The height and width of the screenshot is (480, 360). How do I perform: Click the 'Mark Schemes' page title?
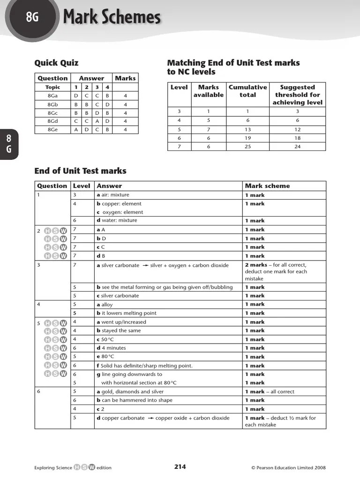pyautogui.click(x=112, y=18)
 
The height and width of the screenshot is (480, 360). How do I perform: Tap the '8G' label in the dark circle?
pyautogui.click(x=32, y=18)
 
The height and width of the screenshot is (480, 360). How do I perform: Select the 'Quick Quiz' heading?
pyautogui.click(x=56, y=63)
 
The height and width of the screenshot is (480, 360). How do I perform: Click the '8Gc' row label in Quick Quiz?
pyautogui.click(x=52, y=113)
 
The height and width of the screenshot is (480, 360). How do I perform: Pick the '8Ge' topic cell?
pyautogui.click(x=52, y=130)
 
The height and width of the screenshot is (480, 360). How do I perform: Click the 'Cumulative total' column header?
pyautogui.click(x=247, y=91)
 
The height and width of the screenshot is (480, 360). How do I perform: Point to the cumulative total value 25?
pyautogui.click(x=247, y=146)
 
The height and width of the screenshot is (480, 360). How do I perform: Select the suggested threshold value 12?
pyautogui.click(x=297, y=129)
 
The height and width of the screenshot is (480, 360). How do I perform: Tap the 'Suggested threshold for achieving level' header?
pyautogui.click(x=297, y=95)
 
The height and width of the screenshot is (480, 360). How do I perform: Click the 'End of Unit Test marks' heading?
pyautogui.click(x=80, y=171)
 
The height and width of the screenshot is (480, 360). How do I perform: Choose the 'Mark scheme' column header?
pyautogui.click(x=267, y=186)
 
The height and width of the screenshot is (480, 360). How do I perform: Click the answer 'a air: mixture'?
pyautogui.click(x=113, y=195)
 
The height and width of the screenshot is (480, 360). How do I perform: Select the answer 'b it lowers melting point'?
pyautogui.click(x=127, y=313)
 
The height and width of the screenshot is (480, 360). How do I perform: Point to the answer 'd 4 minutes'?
pyautogui.click(x=111, y=348)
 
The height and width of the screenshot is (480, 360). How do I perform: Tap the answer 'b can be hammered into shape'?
pyautogui.click(x=135, y=400)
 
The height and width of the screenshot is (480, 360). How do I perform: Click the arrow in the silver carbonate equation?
pyautogui.click(x=145, y=265)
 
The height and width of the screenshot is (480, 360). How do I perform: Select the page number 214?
pyautogui.click(x=180, y=466)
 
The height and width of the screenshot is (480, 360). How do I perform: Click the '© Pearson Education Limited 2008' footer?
pyautogui.click(x=288, y=467)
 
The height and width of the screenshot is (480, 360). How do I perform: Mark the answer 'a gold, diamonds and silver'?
pyautogui.click(x=130, y=391)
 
